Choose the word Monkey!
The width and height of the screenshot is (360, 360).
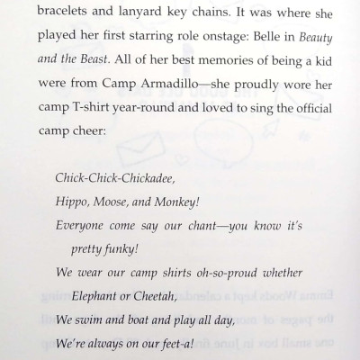pyautogui.click(x=191, y=202)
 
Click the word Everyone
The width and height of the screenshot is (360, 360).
pyautogui.click(x=84, y=225)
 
